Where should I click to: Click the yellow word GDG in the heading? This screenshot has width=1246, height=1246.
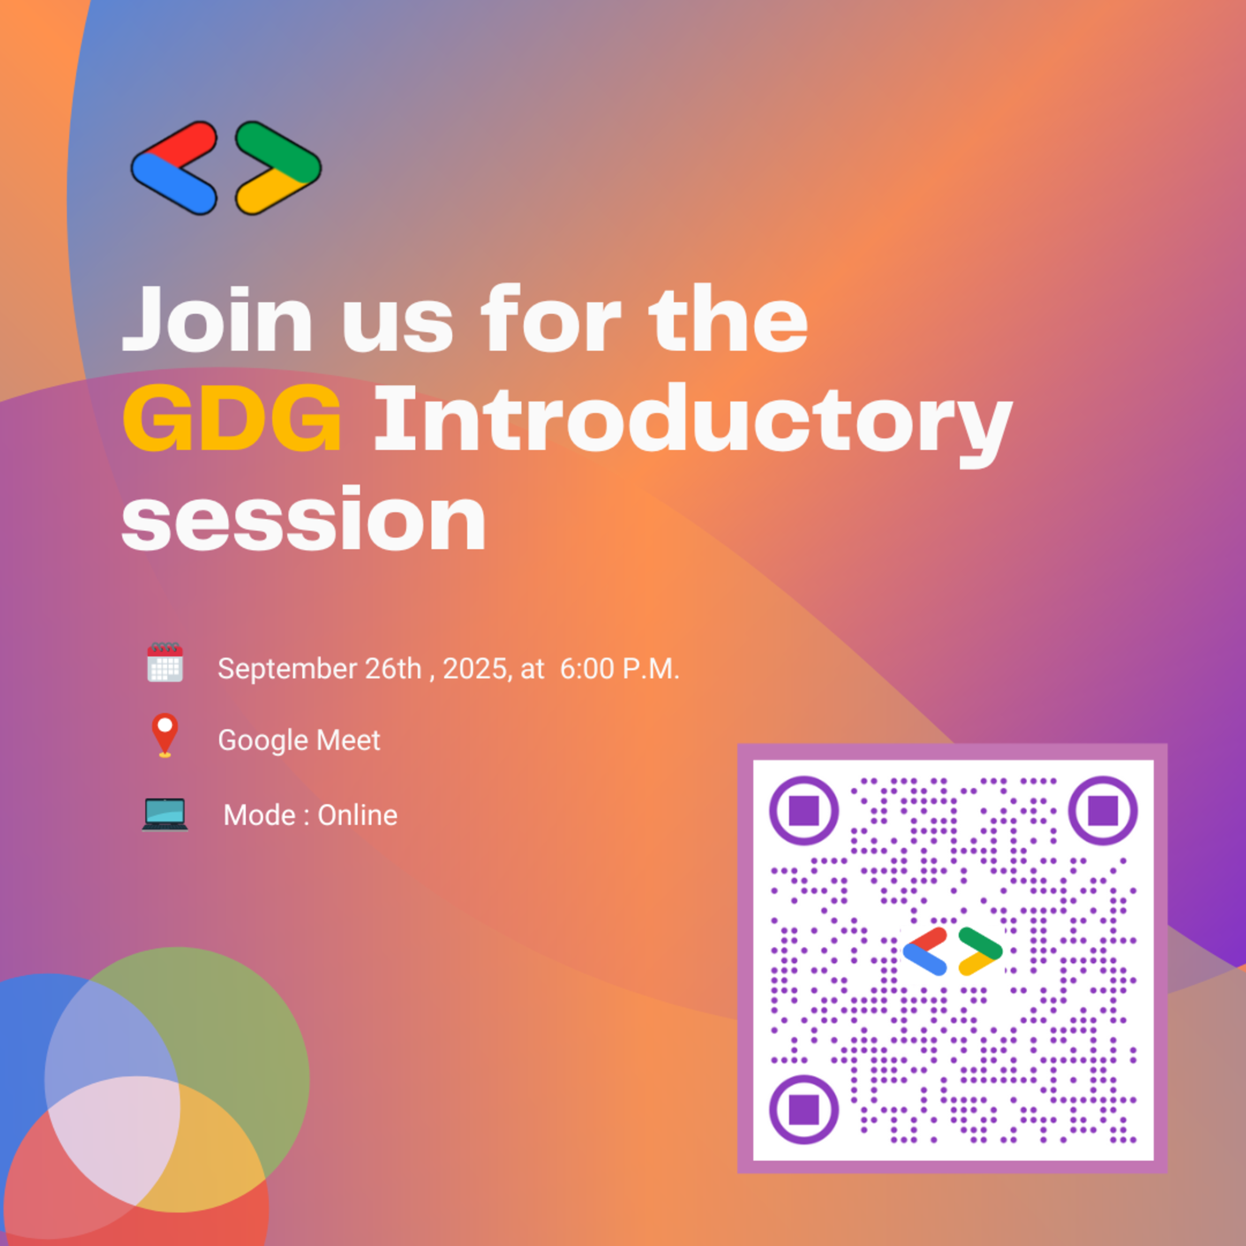click(x=231, y=418)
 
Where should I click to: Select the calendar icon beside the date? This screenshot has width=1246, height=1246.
click(x=165, y=662)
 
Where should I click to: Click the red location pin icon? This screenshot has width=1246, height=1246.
click(x=164, y=733)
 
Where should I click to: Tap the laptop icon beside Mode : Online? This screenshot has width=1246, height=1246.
click(x=165, y=814)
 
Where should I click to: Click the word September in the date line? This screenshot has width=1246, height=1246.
click(x=288, y=669)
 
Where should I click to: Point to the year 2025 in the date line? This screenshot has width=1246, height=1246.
click(x=475, y=669)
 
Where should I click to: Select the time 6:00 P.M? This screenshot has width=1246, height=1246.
click(x=619, y=669)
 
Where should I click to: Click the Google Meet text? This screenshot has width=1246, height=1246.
click(x=299, y=740)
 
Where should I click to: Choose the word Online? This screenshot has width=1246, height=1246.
click(x=357, y=815)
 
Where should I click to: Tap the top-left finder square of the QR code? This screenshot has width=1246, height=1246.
click(x=804, y=810)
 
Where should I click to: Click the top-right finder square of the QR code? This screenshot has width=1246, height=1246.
click(x=1103, y=810)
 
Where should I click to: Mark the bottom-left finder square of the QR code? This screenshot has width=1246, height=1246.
click(x=804, y=1109)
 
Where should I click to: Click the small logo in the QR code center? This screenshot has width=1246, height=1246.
click(x=952, y=951)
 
